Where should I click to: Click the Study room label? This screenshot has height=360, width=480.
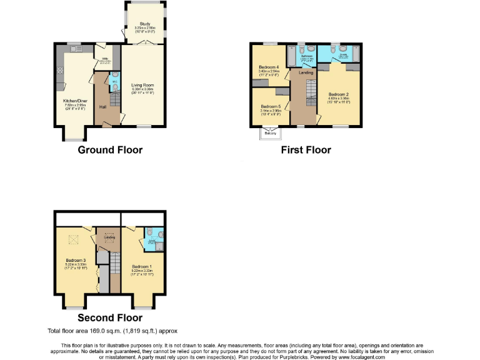coord(145,24)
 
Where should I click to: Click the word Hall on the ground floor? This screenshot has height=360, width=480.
coord(102,106)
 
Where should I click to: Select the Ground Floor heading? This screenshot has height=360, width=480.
coord(110,150)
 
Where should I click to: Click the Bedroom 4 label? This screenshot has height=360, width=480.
coord(267,67)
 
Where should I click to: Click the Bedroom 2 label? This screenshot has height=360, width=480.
coord(338,94)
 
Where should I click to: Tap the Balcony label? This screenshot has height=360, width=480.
coord(271,132)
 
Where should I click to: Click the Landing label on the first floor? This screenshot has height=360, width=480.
coord(306,72)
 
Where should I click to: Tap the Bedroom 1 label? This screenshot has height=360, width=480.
coord(142,266)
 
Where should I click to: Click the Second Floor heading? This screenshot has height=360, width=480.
coord(110,318)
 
